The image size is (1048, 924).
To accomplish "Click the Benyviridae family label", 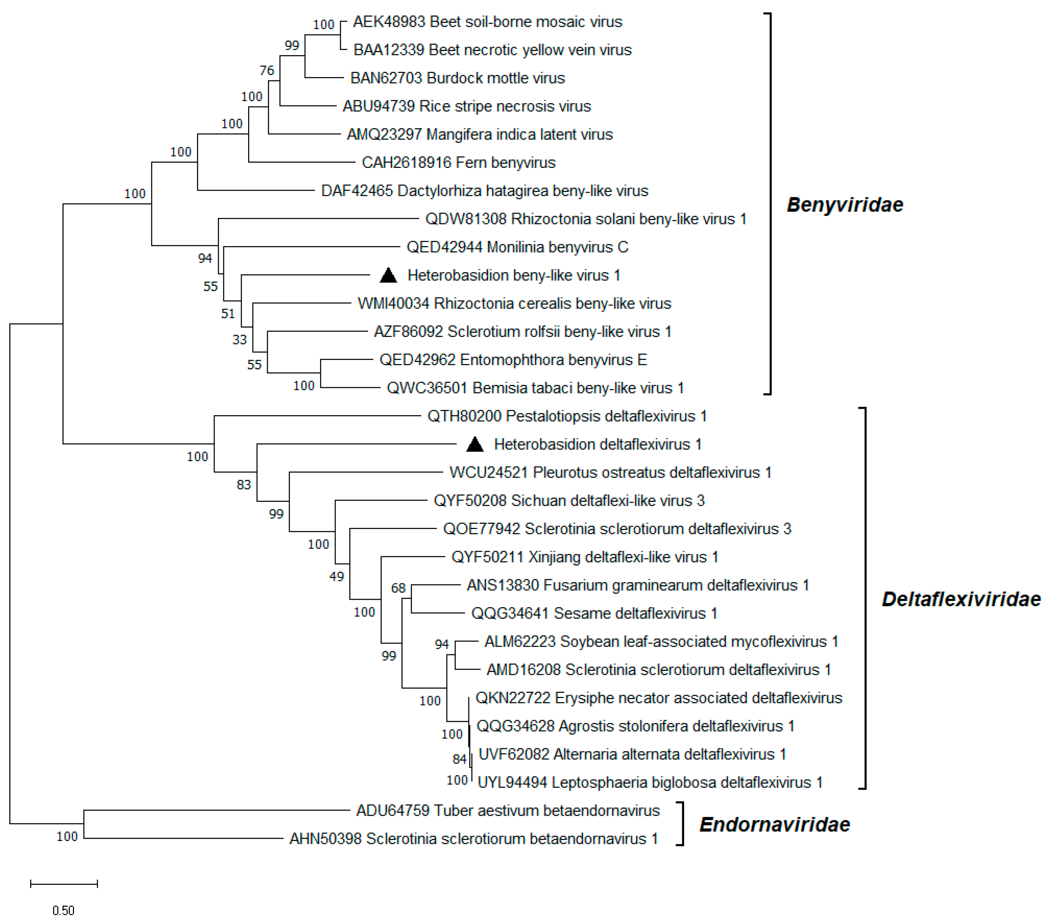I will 845,205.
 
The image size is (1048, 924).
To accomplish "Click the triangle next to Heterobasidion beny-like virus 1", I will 388,276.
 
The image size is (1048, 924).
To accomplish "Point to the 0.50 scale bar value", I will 63,911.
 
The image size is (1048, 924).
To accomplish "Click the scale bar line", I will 64,883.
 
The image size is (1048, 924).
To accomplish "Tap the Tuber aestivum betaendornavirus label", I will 507,810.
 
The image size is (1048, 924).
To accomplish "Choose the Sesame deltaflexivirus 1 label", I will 594,613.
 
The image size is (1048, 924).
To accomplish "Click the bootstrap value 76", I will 267,70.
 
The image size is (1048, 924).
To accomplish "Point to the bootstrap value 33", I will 240,340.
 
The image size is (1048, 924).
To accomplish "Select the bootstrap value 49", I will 336,577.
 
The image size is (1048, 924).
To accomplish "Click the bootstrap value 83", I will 244,485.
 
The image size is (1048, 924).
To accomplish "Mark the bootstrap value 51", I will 228,313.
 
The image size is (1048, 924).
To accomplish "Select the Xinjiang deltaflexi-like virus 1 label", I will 584,557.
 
